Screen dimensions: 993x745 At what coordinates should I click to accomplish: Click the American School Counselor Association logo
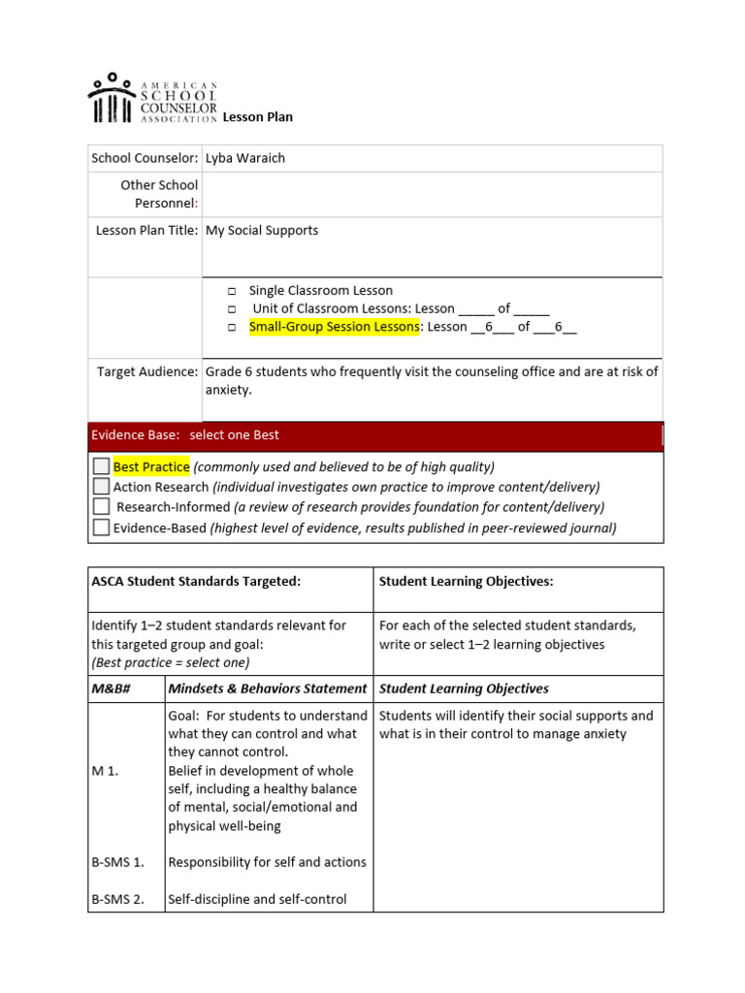tap(152, 99)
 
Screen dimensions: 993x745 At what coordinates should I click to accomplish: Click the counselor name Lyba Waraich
tap(245, 158)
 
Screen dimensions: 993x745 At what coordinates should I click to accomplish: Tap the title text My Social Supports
tap(262, 231)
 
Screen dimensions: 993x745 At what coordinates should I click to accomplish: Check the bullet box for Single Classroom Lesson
tap(233, 291)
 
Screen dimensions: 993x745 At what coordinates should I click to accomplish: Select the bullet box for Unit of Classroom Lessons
tap(233, 309)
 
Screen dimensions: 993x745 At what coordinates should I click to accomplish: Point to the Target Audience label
tap(147, 371)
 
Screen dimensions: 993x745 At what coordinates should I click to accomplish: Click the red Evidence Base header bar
tap(375, 435)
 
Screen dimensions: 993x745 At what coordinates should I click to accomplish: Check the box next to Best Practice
tap(101, 466)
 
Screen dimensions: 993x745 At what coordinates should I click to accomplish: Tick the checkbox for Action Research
tap(101, 487)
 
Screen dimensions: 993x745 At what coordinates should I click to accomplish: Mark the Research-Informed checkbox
tap(101, 507)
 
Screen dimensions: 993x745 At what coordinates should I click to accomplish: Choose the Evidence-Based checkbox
tap(101, 528)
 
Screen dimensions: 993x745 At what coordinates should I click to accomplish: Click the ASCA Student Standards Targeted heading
tap(196, 581)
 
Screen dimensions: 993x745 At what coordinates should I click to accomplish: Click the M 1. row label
tap(105, 771)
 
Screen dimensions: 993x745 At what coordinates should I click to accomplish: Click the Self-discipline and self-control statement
tap(257, 899)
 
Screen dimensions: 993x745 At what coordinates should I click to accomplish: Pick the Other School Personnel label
tap(159, 194)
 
